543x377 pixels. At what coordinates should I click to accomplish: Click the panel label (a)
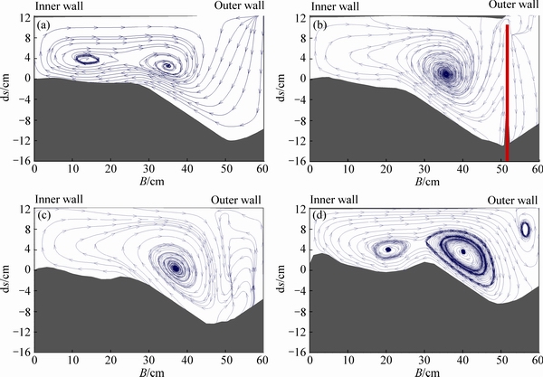43,24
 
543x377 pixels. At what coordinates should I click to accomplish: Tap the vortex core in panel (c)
175,268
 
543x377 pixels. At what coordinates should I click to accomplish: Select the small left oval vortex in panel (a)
87,59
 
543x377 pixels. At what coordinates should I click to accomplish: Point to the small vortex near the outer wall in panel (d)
525,229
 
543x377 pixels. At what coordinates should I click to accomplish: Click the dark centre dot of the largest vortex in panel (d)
463,252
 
